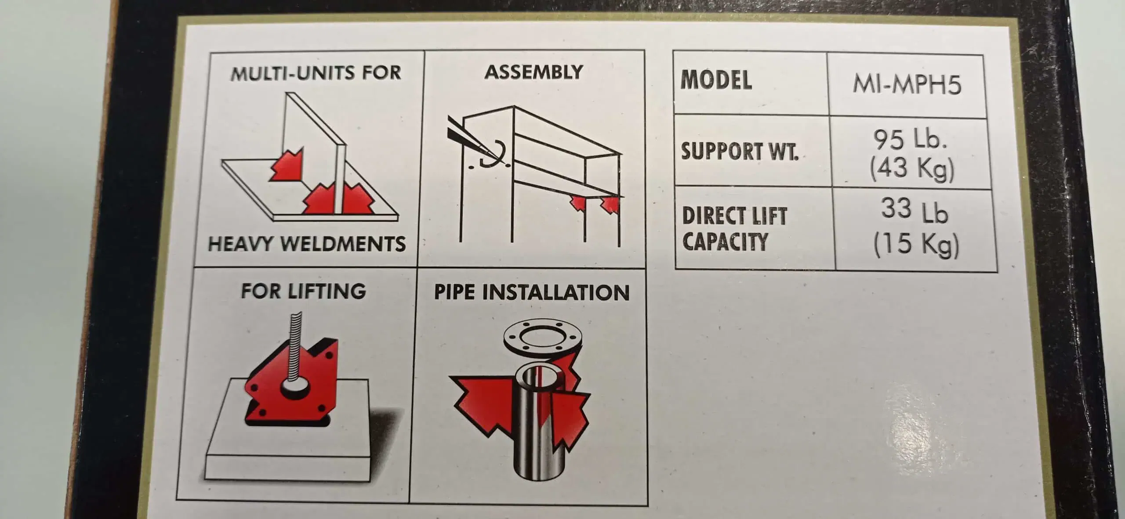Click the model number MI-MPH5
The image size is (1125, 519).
907,84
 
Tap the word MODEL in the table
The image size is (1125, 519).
716,80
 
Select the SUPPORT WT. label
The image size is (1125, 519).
740,151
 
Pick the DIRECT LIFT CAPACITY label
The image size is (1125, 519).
734,229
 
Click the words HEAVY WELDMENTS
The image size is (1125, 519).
307,244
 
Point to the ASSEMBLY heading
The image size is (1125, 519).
533,72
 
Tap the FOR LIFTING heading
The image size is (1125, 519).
303,291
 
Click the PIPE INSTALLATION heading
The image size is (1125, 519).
532,292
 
